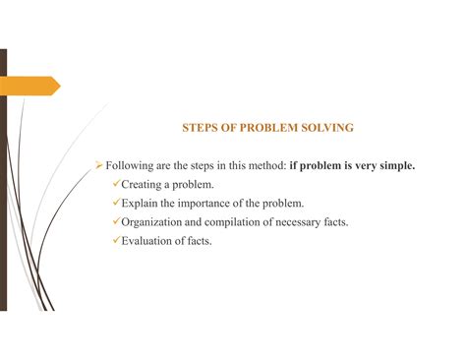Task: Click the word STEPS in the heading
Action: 201,128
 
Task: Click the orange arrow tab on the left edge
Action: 30,87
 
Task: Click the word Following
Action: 132,166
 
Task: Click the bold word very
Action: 360,166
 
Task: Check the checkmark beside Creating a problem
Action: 115,184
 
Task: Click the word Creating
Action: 145,185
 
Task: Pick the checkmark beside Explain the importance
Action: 115,203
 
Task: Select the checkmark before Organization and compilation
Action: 115,221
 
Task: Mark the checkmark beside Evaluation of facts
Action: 115,240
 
